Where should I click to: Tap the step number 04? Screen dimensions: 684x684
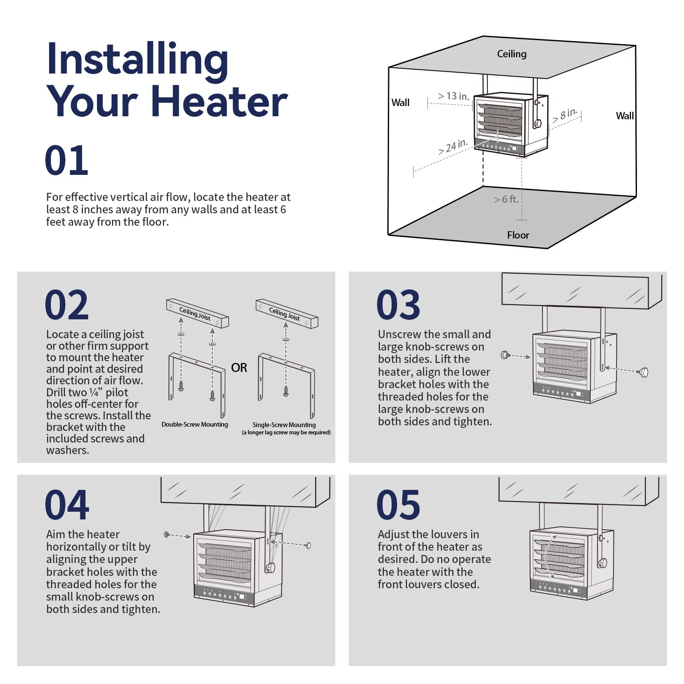click(67, 504)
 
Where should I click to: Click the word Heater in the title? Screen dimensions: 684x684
click(219, 101)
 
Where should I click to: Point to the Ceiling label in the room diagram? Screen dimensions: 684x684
click(511, 54)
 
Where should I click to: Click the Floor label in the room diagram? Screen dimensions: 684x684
click(518, 235)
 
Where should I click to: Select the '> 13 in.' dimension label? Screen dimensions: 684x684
click(453, 96)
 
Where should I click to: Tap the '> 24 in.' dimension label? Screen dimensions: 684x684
click(453, 147)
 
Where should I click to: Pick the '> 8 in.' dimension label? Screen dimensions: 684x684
click(565, 115)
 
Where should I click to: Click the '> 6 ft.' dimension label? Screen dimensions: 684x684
click(506, 199)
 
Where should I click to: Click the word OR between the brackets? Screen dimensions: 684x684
click(239, 368)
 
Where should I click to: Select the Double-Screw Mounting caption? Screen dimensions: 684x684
click(195, 425)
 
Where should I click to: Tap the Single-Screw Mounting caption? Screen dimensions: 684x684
click(284, 425)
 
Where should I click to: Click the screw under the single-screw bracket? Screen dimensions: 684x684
click(286, 391)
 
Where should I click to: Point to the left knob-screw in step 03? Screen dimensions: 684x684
click(505, 355)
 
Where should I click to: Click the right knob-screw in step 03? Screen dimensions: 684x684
click(643, 372)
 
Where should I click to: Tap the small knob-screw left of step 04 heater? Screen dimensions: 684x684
click(167, 534)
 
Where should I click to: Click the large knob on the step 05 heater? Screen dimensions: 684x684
click(602, 563)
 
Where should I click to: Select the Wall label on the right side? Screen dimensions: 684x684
click(625, 116)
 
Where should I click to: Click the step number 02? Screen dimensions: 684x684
click(66, 305)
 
